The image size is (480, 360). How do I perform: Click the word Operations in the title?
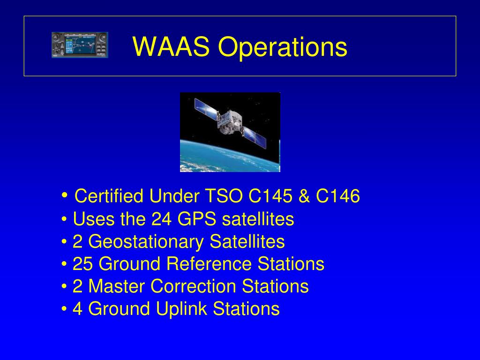[x=283, y=47]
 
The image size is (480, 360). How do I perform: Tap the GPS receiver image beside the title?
[x=80, y=45]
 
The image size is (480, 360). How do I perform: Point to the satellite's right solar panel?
[x=254, y=137]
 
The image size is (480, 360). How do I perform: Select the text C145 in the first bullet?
[x=270, y=196]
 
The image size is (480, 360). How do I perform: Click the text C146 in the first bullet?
[x=338, y=196]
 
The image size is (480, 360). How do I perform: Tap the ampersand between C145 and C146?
[x=304, y=196]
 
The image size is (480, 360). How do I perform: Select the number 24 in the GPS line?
[x=161, y=219]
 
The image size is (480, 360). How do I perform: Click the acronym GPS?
[x=196, y=219]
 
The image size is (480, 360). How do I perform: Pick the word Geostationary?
[x=146, y=242]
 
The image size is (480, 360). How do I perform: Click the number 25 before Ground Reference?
[x=82, y=264]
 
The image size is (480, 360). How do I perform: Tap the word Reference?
[x=209, y=264]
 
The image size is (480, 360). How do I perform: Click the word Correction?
[x=193, y=286]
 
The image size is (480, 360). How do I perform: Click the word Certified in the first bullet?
[x=109, y=196]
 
